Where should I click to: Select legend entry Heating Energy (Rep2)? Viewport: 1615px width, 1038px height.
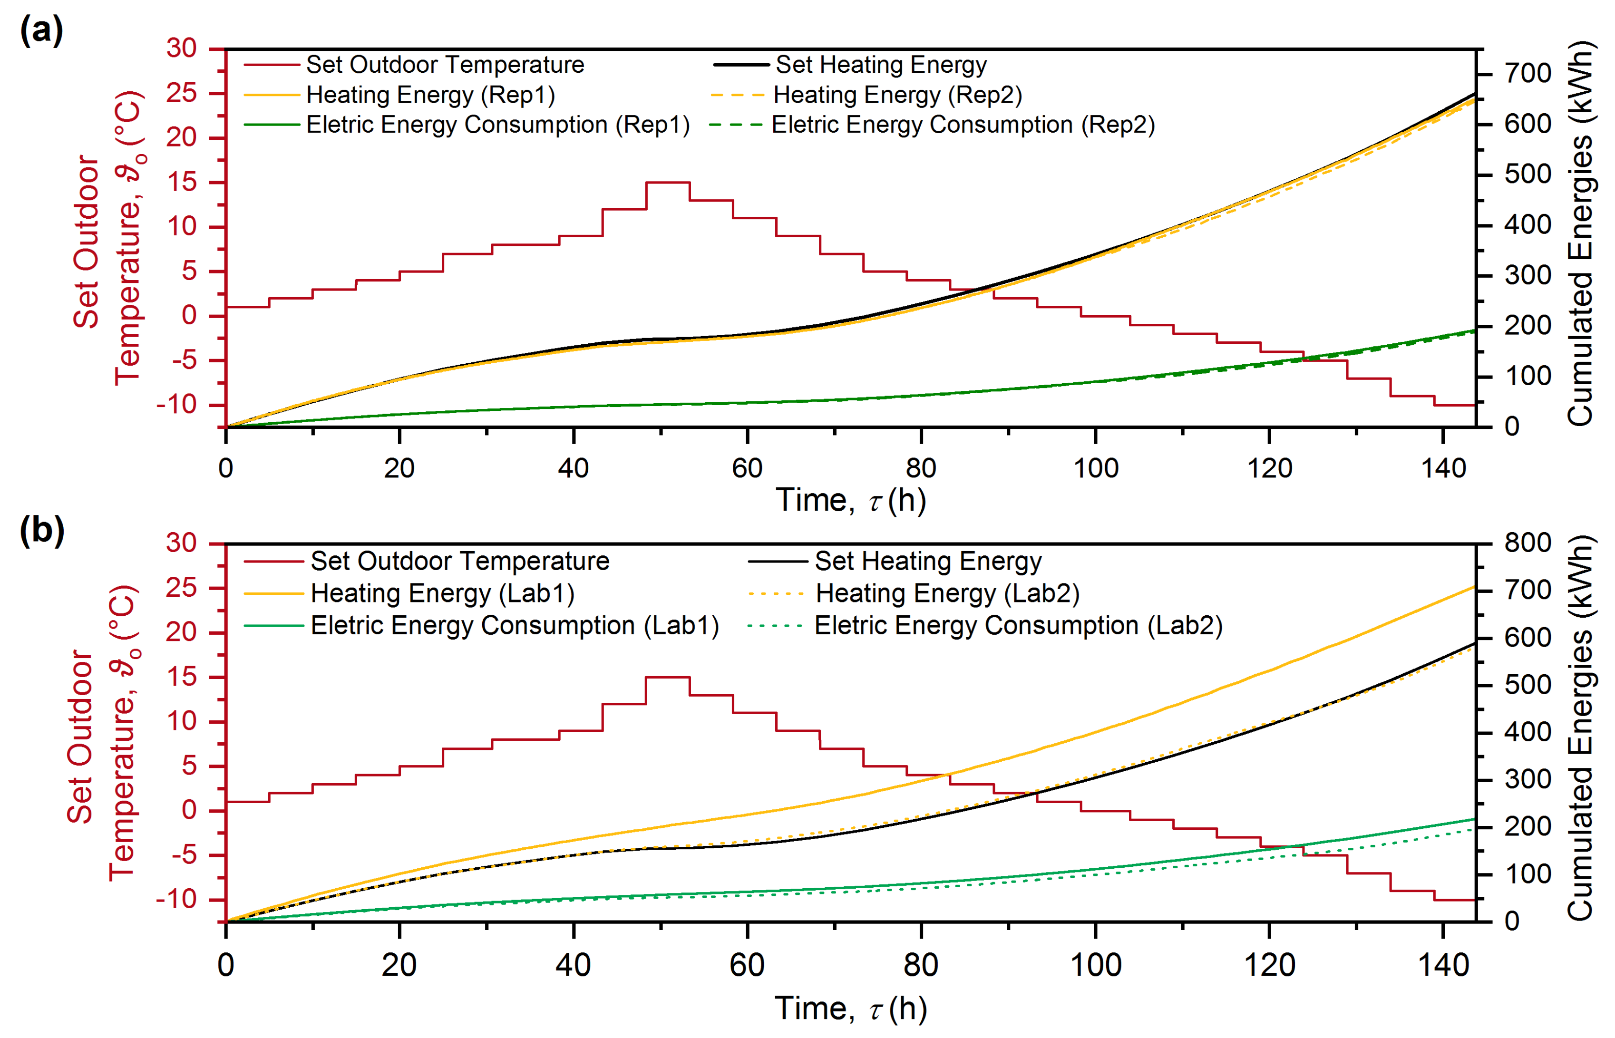pyautogui.click(x=896, y=95)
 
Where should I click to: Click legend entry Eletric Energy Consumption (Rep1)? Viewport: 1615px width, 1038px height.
pyautogui.click(x=497, y=125)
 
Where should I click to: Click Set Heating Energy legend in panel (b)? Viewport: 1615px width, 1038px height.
pyautogui.click(x=927, y=562)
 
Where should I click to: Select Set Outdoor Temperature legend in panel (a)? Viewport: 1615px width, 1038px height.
pyautogui.click(x=445, y=65)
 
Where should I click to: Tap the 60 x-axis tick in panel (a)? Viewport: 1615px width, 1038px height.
pyautogui.click(x=747, y=468)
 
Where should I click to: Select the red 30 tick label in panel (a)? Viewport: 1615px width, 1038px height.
pyautogui.click(x=181, y=49)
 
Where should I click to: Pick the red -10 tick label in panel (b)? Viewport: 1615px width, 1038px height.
pyautogui.click(x=176, y=899)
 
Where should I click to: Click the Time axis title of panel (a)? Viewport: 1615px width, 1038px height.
pyautogui.click(x=851, y=501)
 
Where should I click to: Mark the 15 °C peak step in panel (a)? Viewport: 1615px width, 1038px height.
pyautogui.click(x=667, y=183)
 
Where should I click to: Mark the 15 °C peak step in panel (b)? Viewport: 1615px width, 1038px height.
pyautogui.click(x=667, y=678)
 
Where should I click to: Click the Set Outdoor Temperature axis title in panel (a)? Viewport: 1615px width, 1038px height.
pyautogui.click(x=108, y=239)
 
